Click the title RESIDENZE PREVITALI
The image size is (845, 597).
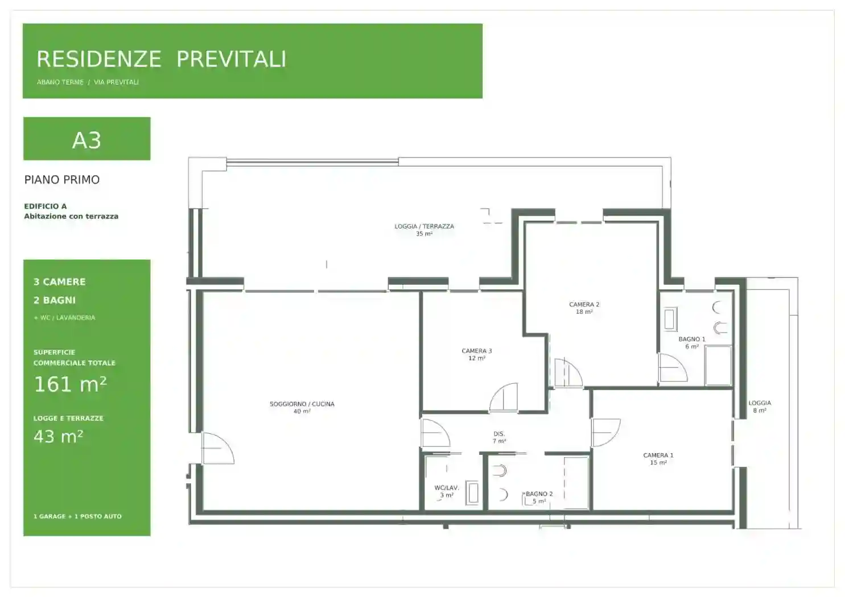(x=162, y=59)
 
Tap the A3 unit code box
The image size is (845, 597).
(x=86, y=139)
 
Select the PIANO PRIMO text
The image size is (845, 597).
(x=62, y=180)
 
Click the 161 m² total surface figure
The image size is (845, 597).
(x=70, y=384)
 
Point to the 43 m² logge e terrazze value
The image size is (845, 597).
(x=58, y=437)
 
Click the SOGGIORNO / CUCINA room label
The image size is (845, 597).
(x=302, y=404)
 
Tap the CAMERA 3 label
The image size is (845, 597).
(x=477, y=351)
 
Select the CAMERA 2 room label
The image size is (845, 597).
(x=584, y=305)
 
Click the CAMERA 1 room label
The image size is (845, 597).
(x=658, y=455)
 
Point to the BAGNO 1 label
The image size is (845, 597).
(x=692, y=339)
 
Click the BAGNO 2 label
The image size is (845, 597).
(x=539, y=494)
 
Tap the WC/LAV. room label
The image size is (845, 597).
(x=447, y=488)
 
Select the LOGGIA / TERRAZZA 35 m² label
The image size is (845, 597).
(x=424, y=230)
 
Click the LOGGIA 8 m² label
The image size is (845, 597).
(x=760, y=407)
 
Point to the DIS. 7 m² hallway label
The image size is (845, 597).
(x=499, y=438)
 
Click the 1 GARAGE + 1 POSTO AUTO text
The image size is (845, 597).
(x=77, y=516)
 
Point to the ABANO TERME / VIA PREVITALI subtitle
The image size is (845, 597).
(x=88, y=82)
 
